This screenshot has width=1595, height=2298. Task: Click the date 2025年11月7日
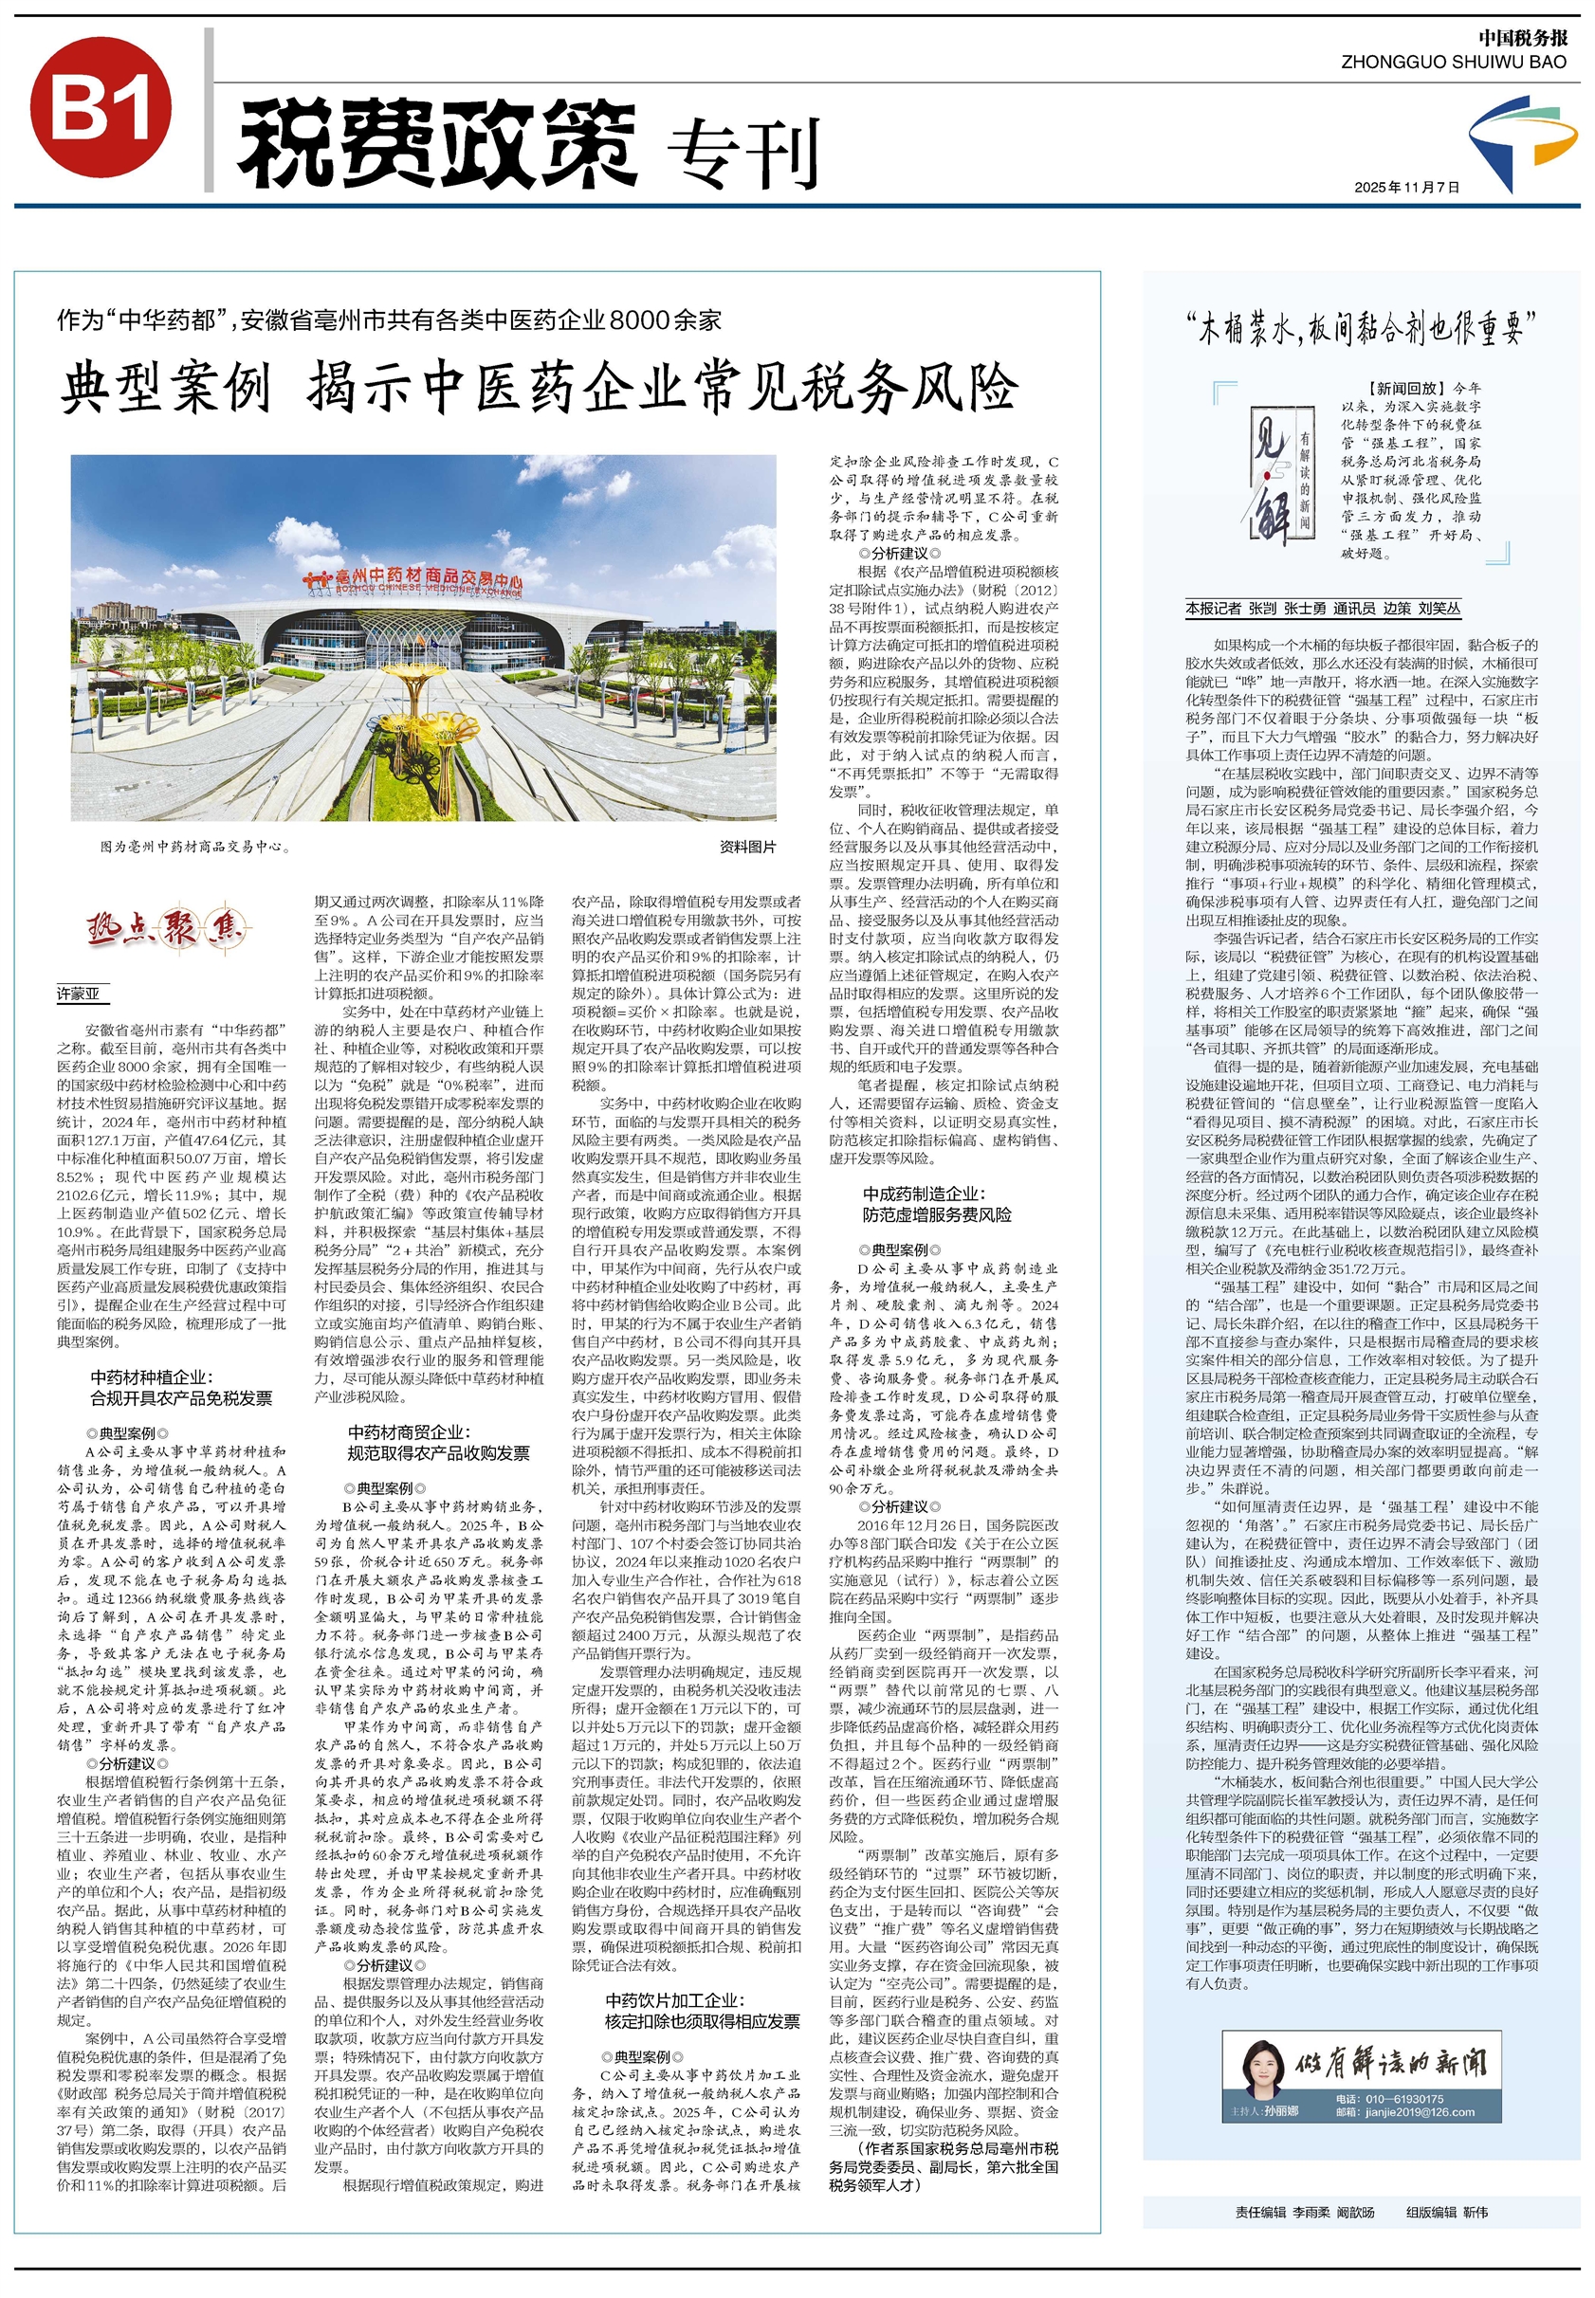point(1406,187)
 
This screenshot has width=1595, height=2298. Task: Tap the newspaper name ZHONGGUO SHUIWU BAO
point(1454,62)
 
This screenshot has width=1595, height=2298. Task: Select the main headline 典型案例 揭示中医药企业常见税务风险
point(539,388)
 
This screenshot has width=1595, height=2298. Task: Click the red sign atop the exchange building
point(415,579)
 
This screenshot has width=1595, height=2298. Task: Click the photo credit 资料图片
point(747,848)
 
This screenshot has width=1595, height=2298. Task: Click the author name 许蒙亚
point(78,994)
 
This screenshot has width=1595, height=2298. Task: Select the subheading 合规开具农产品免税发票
point(181,1398)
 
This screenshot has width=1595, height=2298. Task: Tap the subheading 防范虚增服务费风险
point(938,1215)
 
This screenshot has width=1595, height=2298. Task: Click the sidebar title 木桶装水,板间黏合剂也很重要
point(1360,329)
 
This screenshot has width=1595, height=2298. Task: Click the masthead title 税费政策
point(437,145)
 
